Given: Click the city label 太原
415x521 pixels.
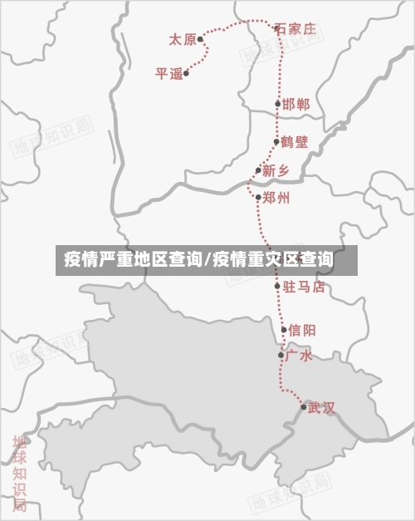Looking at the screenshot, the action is click(x=182, y=39).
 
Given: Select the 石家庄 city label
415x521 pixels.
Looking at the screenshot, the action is click(x=296, y=29).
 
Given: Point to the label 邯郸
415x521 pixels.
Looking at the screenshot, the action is click(x=296, y=105).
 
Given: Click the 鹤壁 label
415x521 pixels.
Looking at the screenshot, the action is click(x=295, y=142).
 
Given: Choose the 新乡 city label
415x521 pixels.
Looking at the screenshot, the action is click(x=276, y=171).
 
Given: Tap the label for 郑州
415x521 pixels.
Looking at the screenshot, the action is click(x=276, y=198).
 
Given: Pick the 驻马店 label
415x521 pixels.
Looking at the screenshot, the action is click(x=305, y=287).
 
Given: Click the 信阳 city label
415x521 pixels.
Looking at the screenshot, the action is click(x=302, y=330).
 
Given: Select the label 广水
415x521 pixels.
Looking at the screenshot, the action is click(x=299, y=356).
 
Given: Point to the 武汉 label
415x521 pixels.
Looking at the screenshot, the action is click(x=321, y=407).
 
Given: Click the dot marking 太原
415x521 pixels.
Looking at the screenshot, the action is click(x=200, y=39).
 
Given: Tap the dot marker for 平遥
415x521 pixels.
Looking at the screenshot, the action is click(x=186, y=73).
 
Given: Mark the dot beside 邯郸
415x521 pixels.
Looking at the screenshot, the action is click(x=278, y=105).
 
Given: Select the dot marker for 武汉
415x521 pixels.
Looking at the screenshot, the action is click(x=303, y=406).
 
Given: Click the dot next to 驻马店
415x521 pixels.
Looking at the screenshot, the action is click(x=278, y=287).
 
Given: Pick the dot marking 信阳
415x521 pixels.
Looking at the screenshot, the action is click(x=284, y=330).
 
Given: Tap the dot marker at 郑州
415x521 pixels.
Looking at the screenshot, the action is click(x=258, y=197).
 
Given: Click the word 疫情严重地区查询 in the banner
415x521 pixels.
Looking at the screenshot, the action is click(x=132, y=260).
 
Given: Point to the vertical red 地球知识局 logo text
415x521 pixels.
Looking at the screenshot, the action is click(x=19, y=474).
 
